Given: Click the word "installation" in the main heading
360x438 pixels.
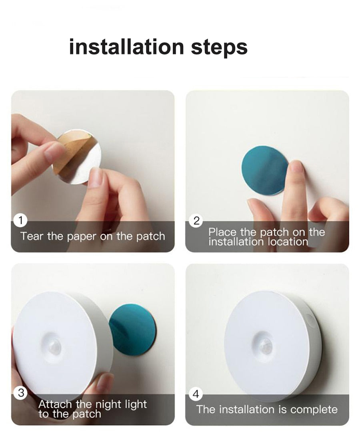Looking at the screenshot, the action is [x=126, y=47].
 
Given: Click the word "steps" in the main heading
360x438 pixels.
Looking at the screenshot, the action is [x=219, y=48].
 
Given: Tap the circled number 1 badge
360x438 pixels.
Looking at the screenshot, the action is [x=20, y=220].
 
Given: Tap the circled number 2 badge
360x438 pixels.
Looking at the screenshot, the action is [x=196, y=221].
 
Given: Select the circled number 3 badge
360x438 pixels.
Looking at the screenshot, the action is [x=21, y=393].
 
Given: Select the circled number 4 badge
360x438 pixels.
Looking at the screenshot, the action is [x=196, y=394].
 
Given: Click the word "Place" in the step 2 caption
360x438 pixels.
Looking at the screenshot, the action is [x=222, y=232].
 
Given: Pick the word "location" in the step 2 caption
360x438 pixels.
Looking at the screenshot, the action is [x=288, y=242].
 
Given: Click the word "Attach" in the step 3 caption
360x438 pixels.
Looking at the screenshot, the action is [x=55, y=404].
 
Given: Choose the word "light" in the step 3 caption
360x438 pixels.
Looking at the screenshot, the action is [x=136, y=404].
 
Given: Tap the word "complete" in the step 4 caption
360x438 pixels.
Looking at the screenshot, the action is [x=314, y=410].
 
